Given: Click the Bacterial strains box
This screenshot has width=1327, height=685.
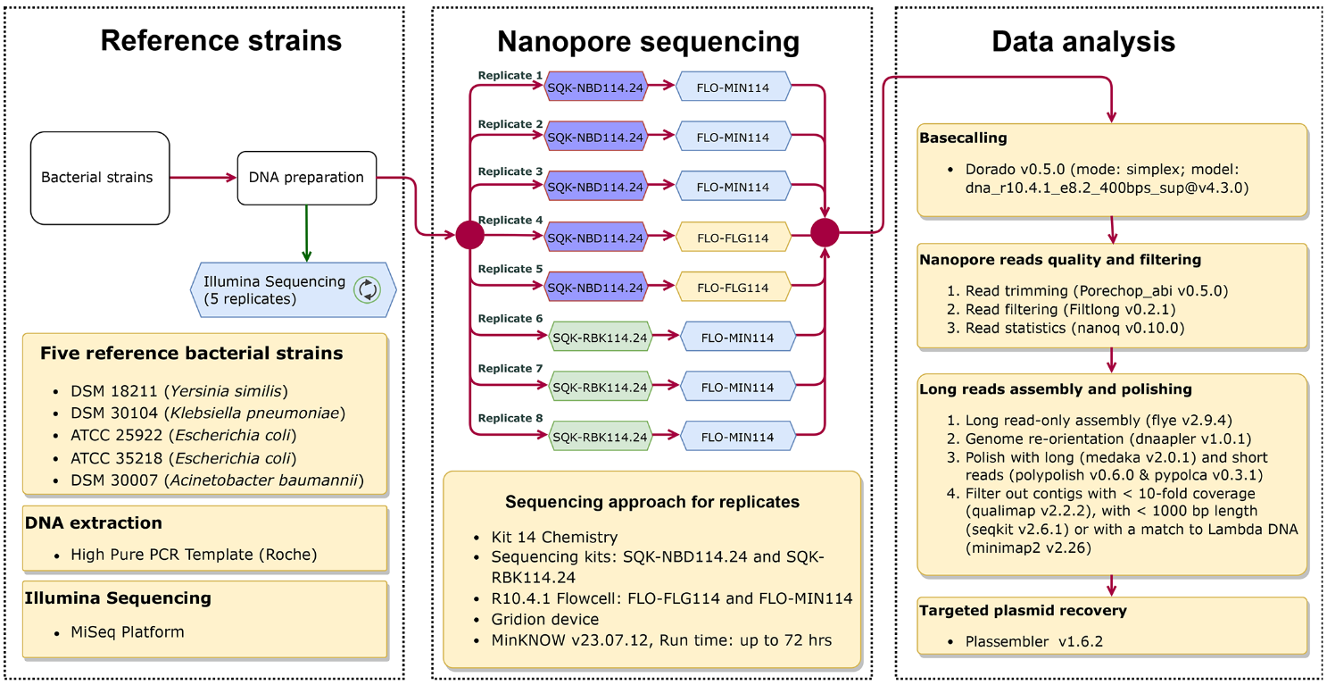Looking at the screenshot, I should click(x=100, y=178).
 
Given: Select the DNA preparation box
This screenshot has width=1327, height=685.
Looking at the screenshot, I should click(x=306, y=178).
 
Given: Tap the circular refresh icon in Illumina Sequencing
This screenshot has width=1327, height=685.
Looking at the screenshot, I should click(x=367, y=289).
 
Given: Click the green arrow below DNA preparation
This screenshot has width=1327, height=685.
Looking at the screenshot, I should click(x=306, y=232).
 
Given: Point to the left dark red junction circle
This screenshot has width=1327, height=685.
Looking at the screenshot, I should click(x=469, y=235).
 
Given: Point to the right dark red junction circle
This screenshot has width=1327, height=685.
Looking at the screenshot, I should click(x=825, y=233).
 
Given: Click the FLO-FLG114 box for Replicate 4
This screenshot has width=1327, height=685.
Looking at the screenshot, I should click(x=734, y=238).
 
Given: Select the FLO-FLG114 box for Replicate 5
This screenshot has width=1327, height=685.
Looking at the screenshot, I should click(x=734, y=288).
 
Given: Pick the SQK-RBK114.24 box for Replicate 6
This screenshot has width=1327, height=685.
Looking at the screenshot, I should click(x=600, y=337).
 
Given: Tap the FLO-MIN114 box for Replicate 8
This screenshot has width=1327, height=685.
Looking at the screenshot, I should click(x=737, y=437).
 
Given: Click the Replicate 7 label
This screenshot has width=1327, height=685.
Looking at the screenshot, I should click(x=510, y=368).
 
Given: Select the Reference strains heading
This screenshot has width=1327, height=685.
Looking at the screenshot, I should click(x=220, y=41).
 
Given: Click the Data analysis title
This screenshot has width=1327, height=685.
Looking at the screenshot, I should click(x=1083, y=41).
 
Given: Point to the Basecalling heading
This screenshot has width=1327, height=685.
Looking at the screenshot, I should click(x=963, y=138).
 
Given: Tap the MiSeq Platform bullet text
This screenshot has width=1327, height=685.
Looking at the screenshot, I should click(x=128, y=631).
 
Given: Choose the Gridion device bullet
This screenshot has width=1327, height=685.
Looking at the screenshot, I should click(x=545, y=619).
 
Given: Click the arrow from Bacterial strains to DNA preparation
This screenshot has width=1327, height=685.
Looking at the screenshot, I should click(x=203, y=178).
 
